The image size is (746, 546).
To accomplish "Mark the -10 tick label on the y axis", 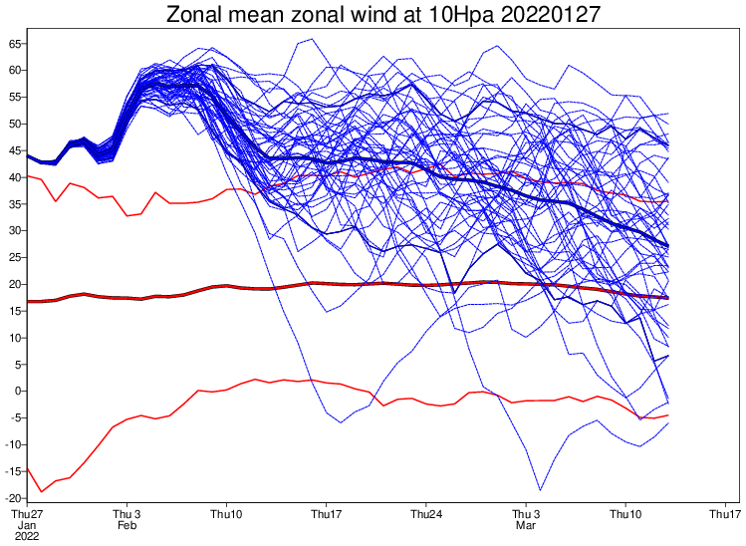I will [14, 444].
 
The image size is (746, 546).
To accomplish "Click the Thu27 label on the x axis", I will [27, 514].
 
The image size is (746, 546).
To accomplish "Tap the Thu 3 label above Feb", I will [126, 514].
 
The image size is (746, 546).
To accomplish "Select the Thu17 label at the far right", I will [724, 514].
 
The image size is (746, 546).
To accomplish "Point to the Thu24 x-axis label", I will [425, 514].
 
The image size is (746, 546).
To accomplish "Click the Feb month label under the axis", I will [126, 525].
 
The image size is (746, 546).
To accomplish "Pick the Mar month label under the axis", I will [525, 525].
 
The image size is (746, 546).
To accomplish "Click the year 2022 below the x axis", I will [27, 536].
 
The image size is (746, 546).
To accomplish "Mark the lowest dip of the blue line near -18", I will [540, 489].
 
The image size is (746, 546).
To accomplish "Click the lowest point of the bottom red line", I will [41, 492].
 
